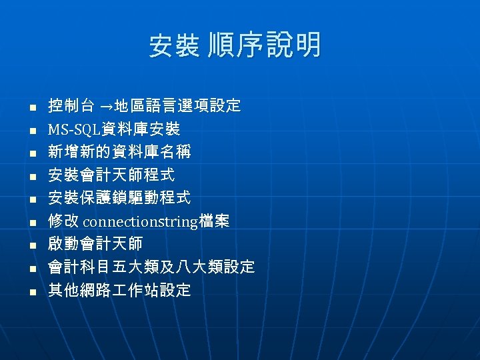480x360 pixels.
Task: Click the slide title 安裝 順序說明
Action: [235, 46]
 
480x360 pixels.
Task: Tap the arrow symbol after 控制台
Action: [106, 106]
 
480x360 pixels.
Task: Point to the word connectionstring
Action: [139, 221]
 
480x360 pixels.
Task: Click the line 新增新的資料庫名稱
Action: [119, 152]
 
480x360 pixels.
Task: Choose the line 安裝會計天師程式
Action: [111, 175]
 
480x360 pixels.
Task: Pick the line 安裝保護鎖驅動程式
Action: [119, 198]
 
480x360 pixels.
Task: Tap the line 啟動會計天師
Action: [95, 244]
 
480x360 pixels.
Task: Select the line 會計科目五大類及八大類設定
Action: [151, 267]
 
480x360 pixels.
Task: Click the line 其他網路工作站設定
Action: [119, 290]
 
